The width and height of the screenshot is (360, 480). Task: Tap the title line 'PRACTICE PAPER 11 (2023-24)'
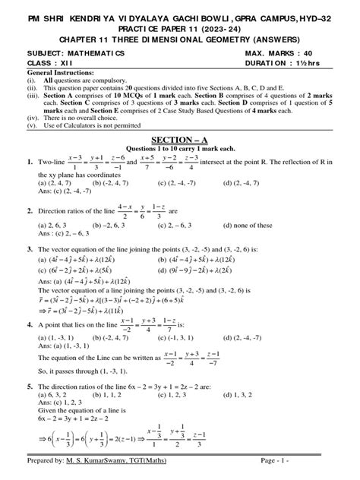pyautogui.click(x=179, y=25)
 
